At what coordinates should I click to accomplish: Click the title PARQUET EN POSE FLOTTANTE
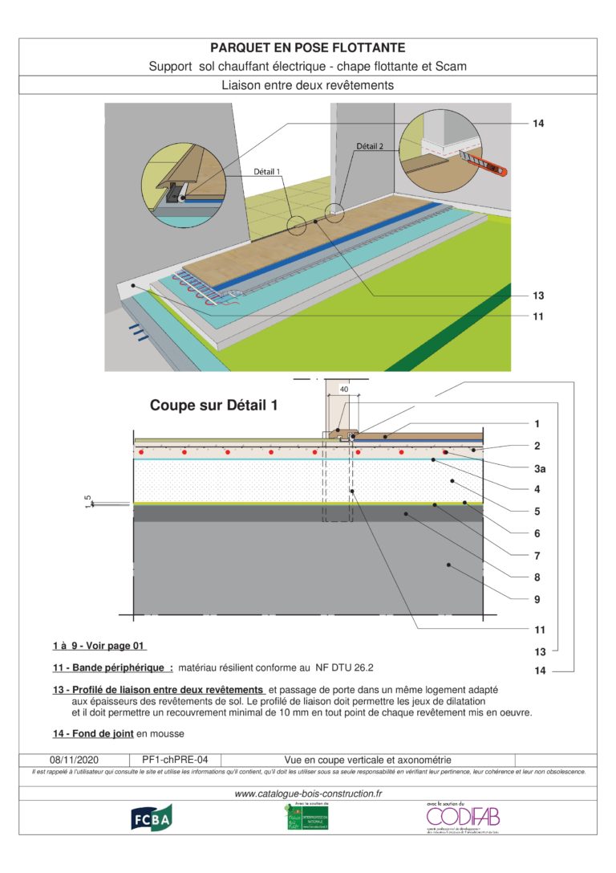pyautogui.click(x=307, y=48)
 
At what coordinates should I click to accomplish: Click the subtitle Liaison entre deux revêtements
pyautogui.click(x=307, y=84)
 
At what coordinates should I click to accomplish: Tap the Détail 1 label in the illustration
pyautogui.click(x=268, y=172)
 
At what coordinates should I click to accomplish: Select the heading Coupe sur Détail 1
pyautogui.click(x=214, y=406)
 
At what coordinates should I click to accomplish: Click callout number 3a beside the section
pyautogui.click(x=538, y=467)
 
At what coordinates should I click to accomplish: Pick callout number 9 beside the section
pyautogui.click(x=537, y=599)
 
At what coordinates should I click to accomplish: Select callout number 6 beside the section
pyautogui.click(x=537, y=533)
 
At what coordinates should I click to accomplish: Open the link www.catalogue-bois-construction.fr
pyautogui.click(x=308, y=793)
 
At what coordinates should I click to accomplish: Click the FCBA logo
pyautogui.click(x=152, y=817)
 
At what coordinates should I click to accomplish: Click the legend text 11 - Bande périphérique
pyautogui.click(x=112, y=667)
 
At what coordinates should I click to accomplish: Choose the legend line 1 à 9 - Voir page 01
pyautogui.click(x=99, y=646)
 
